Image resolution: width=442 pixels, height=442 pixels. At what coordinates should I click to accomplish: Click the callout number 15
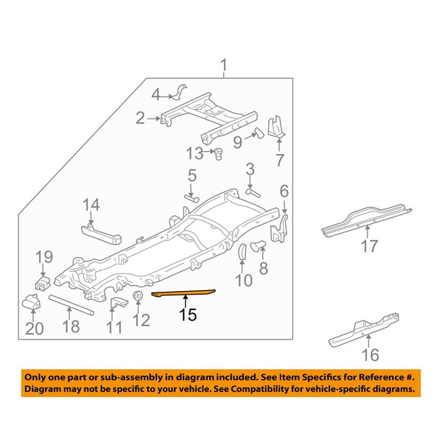(x=188, y=315)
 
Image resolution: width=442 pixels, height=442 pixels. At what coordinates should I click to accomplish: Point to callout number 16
(x=371, y=356)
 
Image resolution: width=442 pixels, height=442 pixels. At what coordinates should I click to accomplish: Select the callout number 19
(x=43, y=257)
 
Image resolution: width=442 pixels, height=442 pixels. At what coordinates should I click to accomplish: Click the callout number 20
(x=34, y=329)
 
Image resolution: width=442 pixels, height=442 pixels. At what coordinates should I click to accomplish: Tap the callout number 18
(x=71, y=326)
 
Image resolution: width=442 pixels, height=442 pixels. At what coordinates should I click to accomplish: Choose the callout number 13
(x=194, y=153)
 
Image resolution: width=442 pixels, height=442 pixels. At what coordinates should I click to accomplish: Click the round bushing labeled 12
(x=138, y=296)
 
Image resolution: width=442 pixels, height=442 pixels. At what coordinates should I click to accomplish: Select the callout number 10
(x=243, y=279)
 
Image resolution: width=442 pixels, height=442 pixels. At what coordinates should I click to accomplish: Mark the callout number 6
(x=284, y=192)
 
